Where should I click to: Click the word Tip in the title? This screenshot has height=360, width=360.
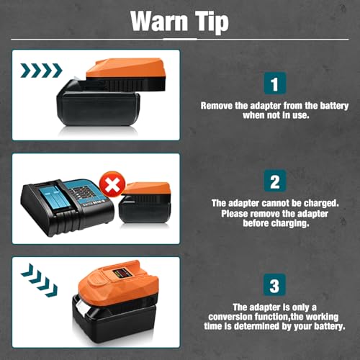tap(210, 22)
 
